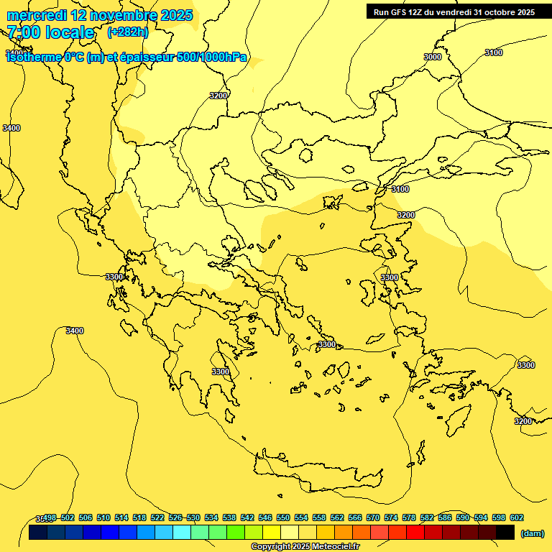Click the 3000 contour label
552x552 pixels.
coord(433,57)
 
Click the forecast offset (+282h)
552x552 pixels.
coord(127,32)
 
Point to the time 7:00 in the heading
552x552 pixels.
coord(23,32)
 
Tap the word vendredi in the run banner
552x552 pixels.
coord(451,12)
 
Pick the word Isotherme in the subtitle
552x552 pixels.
coord(33,57)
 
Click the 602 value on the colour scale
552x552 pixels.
coord(517,517)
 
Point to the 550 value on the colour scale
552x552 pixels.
coord(283,517)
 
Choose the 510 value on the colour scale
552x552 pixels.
coord(103,517)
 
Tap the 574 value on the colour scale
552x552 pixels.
coord(391,517)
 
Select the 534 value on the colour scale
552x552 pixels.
coord(211,517)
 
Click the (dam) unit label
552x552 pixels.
coord(533,533)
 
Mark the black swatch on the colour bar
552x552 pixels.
coord(505,533)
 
